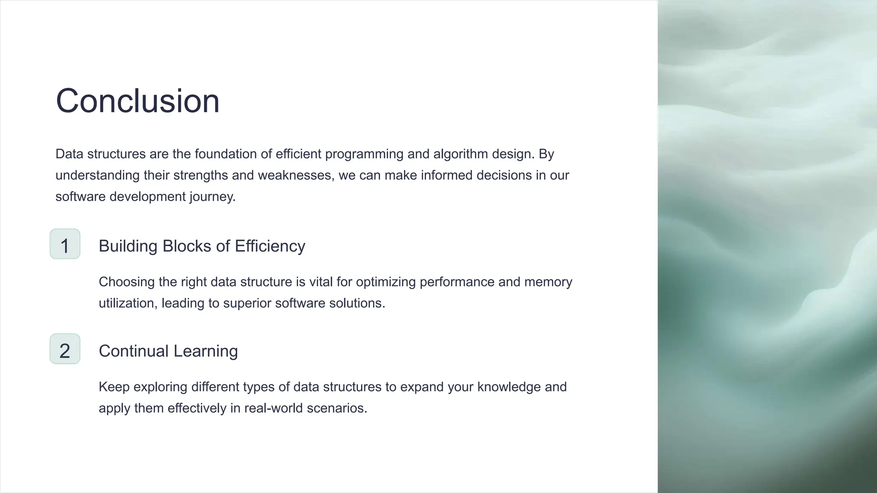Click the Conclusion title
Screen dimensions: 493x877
[137, 101]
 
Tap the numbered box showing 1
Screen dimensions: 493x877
[65, 244]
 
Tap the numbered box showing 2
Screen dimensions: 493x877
[65, 349]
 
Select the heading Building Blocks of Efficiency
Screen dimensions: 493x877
[202, 246]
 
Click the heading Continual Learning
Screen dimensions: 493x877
[168, 351]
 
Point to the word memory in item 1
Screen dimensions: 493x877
[548, 282]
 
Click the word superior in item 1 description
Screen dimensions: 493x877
[247, 303]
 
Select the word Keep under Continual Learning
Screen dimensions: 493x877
[114, 387]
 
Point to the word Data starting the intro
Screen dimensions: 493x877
[69, 154]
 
